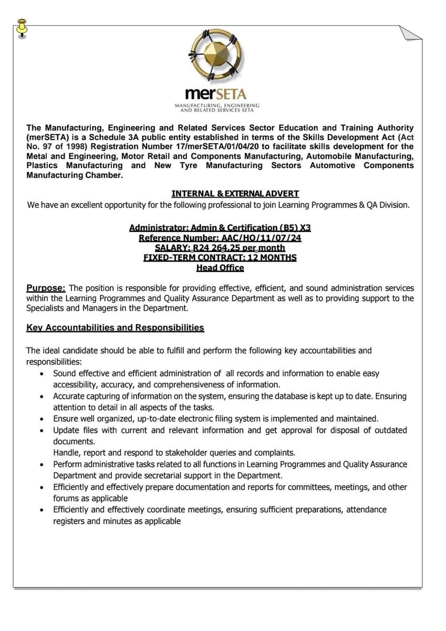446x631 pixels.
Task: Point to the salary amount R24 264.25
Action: click(x=244, y=248)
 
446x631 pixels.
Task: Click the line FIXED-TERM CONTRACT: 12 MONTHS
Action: click(x=220, y=258)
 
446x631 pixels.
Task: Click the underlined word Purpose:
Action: click(x=46, y=288)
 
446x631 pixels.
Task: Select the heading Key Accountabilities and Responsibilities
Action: click(x=115, y=328)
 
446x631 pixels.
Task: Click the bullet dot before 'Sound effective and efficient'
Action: click(x=42, y=374)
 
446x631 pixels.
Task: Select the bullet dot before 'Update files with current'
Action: click(x=42, y=431)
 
